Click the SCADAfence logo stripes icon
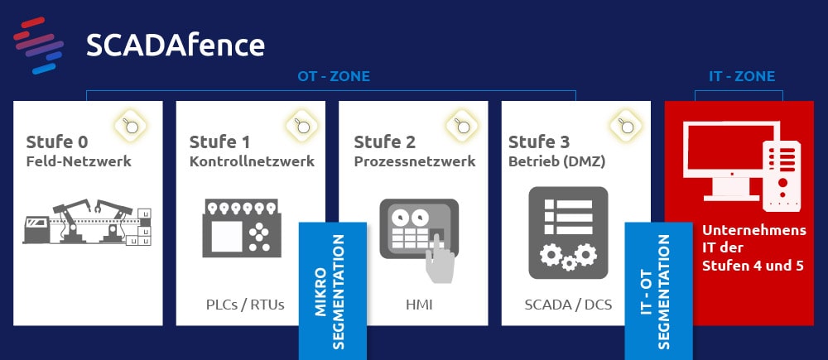pos(39,46)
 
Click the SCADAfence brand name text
pos(176,46)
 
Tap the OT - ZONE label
pos(334,76)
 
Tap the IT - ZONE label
pos(742,76)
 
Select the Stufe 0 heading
pos(57,142)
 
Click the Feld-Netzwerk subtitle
pos(79,161)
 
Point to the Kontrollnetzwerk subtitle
pos(252,161)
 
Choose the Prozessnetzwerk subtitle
pos(415,161)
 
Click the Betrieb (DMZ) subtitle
pos(556,161)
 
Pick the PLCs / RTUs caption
pos(245,305)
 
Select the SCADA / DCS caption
pos(568,305)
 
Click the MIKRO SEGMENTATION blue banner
pos(333,290)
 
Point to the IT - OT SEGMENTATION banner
pos(658,290)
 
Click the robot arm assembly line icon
pos(87,222)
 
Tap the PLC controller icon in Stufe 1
pos(242,228)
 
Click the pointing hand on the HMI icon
pos(440,259)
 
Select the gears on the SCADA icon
pos(568,256)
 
